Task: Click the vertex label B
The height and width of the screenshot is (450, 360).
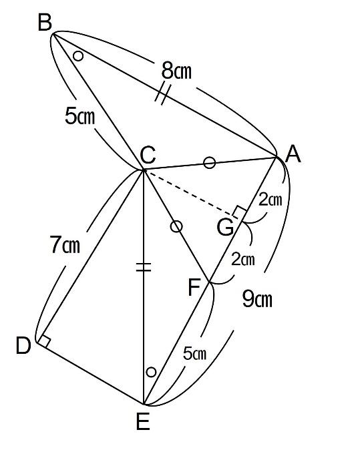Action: point(45,23)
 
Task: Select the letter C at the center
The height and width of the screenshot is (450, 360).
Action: point(148,155)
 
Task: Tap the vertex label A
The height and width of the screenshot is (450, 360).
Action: point(293,154)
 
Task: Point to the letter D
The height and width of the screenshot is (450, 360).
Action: point(23,346)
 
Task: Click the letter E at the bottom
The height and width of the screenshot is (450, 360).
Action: point(143,421)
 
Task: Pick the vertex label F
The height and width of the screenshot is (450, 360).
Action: point(194,288)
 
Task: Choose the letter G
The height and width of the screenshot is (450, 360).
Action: point(225,227)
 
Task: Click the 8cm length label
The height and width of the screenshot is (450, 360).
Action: point(176,71)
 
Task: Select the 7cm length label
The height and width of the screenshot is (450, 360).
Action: point(65,244)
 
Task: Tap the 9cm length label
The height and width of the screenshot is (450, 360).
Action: point(257,299)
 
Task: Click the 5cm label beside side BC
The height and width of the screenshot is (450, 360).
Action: point(79,116)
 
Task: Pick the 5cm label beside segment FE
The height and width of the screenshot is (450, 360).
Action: point(194,353)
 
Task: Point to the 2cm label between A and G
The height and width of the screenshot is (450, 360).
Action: point(270,200)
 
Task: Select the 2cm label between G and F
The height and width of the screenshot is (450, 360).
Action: point(243,259)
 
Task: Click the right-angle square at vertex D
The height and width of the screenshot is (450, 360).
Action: point(45,341)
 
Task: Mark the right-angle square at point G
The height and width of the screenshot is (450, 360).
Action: point(239,212)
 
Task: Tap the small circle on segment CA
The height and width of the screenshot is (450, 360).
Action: point(209,162)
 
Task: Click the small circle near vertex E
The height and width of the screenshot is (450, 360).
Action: point(151,372)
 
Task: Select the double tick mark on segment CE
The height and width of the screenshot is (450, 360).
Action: point(143,267)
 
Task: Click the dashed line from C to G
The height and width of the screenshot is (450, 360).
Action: point(189,192)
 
